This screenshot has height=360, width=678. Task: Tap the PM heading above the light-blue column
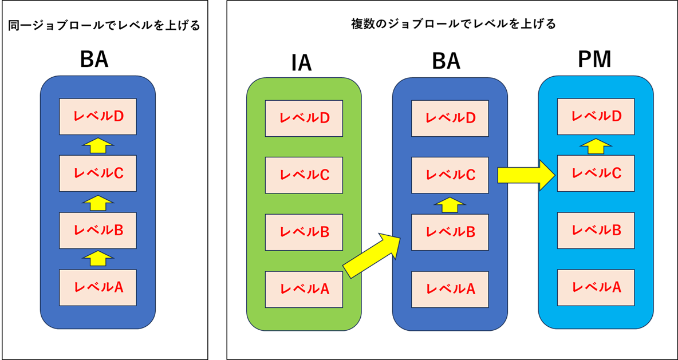click(x=595, y=60)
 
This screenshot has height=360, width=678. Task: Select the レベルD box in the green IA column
click(x=303, y=118)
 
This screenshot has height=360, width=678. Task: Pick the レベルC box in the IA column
click(x=303, y=175)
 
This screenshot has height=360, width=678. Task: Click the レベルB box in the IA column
click(x=303, y=232)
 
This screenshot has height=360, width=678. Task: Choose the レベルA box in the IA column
click(x=303, y=289)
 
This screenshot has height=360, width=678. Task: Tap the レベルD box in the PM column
click(x=596, y=116)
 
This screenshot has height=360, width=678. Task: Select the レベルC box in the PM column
click(x=596, y=173)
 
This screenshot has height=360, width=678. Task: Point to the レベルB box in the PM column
click(x=596, y=230)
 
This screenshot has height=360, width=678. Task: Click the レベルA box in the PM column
click(x=596, y=287)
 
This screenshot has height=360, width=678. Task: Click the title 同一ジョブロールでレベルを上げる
click(x=104, y=26)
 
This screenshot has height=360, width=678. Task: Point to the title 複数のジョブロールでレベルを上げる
click(x=452, y=24)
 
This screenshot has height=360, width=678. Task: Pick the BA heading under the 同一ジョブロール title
click(x=94, y=59)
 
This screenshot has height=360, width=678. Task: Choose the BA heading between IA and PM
click(x=446, y=61)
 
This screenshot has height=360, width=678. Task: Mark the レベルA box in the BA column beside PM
click(x=450, y=289)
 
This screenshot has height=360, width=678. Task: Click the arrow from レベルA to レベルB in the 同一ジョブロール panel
click(x=98, y=259)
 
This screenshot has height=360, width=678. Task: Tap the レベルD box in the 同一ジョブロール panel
click(x=98, y=116)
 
